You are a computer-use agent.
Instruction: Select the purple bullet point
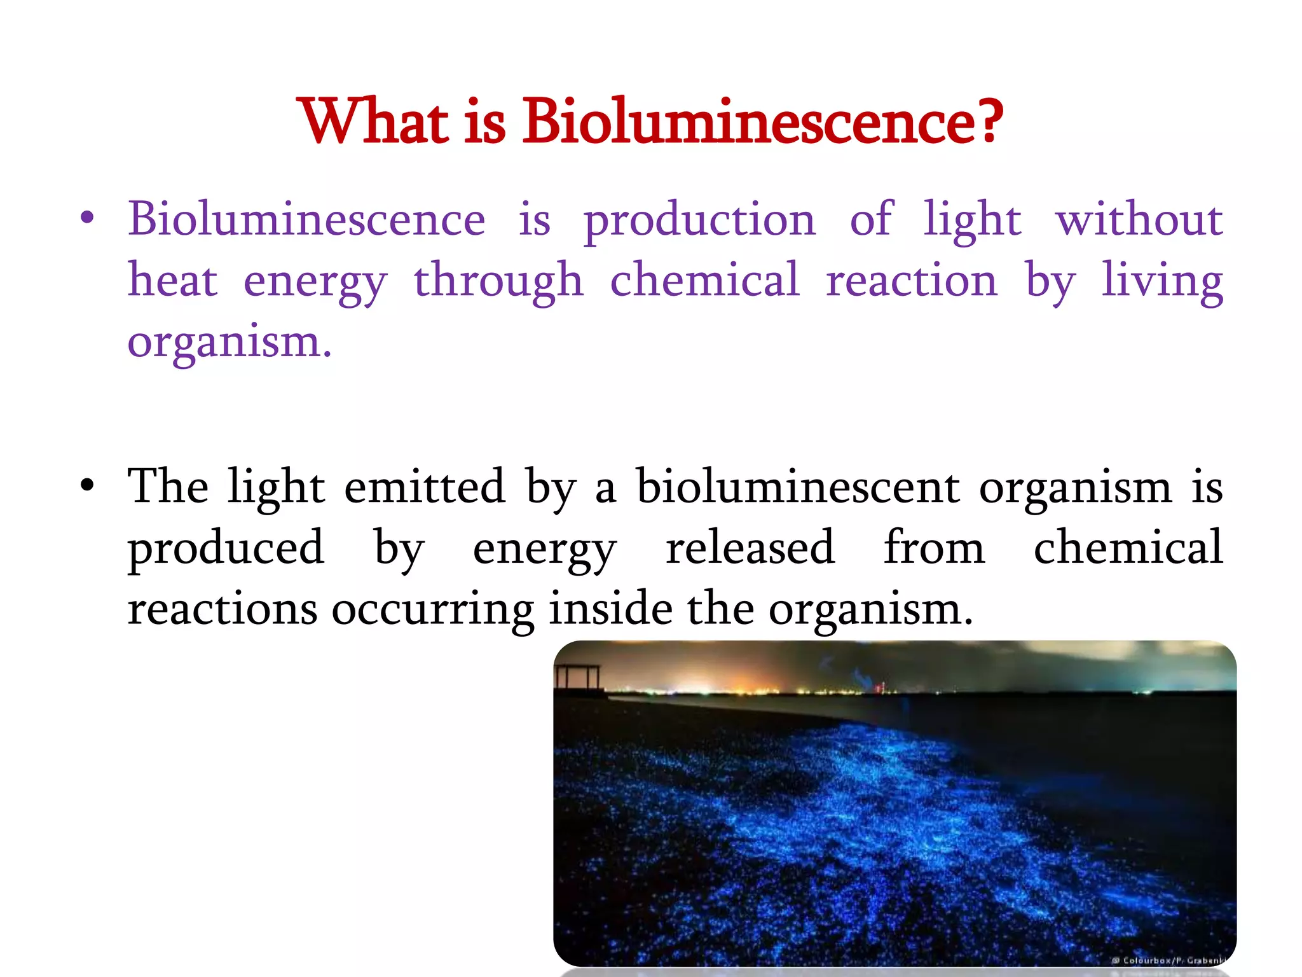87,219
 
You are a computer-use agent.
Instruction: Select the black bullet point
87,487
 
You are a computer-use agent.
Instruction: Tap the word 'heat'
173,281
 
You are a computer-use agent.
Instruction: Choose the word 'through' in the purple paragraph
498,282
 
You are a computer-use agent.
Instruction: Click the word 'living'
1163,282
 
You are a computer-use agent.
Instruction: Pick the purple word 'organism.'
230,343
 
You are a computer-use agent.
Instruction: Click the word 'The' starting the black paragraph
168,487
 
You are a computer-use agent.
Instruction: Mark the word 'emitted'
425,487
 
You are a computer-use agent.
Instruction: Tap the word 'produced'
226,548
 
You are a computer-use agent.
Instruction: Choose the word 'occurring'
432,609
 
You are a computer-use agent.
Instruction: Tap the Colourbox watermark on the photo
1168,960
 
